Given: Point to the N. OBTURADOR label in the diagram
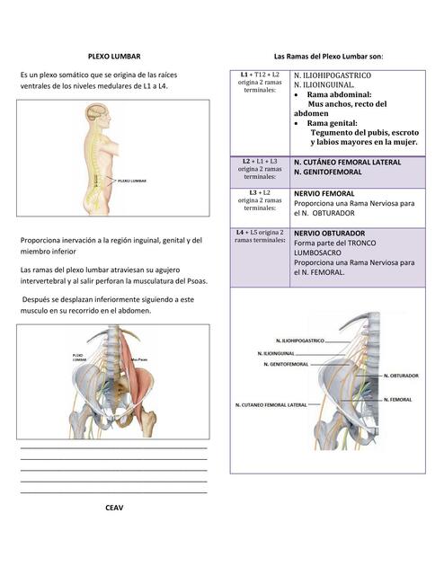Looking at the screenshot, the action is point(401,375).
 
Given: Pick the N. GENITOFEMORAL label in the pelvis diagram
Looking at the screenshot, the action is point(286,365).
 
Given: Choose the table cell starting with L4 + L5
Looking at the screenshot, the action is point(260,236).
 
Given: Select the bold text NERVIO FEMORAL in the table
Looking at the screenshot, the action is point(324,193).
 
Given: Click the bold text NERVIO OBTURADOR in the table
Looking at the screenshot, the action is point(329,233).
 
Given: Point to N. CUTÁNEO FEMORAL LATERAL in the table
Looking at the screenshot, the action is point(347,162).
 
